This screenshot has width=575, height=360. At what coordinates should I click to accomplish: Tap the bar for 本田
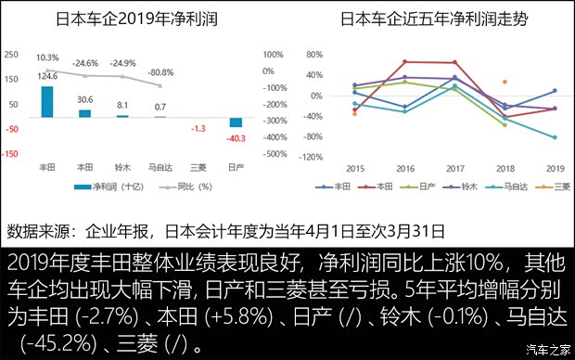[x=85, y=112]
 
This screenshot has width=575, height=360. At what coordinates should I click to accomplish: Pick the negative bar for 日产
[x=236, y=122]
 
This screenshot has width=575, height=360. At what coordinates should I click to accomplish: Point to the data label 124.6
[x=48, y=76]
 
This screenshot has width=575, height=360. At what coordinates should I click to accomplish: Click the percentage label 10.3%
[x=47, y=57]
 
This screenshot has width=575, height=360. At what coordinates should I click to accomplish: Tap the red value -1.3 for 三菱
[x=198, y=129]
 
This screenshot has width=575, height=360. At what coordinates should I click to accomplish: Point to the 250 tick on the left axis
[x=11, y=54]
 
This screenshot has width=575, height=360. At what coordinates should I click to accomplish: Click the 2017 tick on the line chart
[x=454, y=168]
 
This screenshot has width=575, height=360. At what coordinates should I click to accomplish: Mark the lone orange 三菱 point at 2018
[x=505, y=83]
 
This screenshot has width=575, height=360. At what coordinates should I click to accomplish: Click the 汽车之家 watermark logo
[x=547, y=348]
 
